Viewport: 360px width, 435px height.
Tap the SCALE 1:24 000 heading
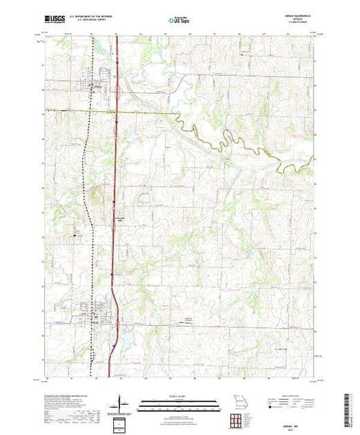[x=179, y=396]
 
